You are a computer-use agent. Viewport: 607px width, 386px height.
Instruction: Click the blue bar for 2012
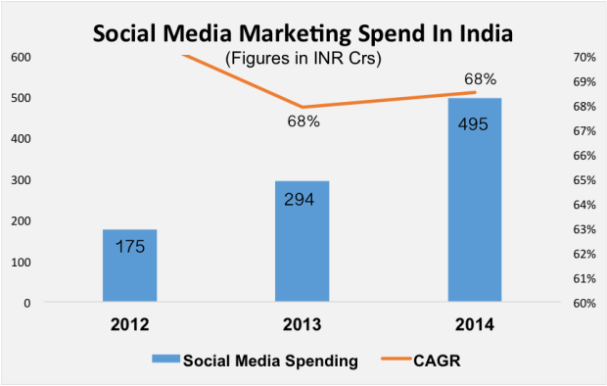coord(129,265)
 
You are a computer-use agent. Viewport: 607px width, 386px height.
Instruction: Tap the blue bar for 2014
coord(475,200)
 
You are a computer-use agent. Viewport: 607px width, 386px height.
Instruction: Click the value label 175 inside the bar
coord(129,246)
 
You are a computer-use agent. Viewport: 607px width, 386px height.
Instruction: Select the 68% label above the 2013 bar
coord(302,122)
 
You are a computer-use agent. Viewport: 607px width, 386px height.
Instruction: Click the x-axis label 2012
coord(129,324)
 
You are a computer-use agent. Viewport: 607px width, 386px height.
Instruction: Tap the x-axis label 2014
coord(475,324)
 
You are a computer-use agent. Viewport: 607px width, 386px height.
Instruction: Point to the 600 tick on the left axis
coord(19,57)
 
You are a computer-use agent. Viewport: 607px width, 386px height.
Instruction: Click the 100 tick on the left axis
coord(19,263)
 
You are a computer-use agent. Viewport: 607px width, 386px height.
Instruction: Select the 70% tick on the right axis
coord(582,57)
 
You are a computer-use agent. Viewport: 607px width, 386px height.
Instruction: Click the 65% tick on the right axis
coord(582,180)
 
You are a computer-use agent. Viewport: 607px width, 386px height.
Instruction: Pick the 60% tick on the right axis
coord(582,304)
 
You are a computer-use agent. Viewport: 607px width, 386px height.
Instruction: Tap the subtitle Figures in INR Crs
coord(303,59)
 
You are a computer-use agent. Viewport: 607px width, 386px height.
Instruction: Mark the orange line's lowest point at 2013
coord(303,107)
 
